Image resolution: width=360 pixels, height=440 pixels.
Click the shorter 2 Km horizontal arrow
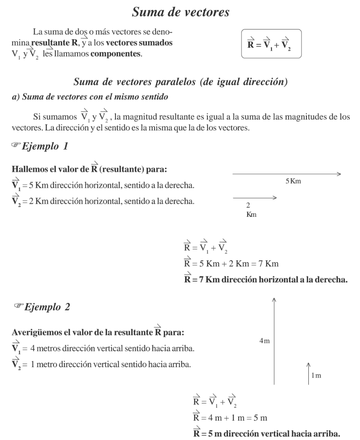coord(254,197)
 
